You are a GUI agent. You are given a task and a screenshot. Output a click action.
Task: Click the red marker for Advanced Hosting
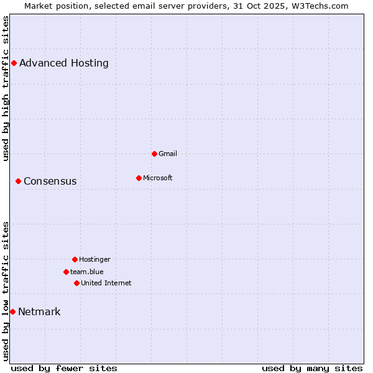click(14, 63)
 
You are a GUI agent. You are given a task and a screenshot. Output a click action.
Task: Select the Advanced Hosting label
click(64, 63)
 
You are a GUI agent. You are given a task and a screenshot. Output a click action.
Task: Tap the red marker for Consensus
click(18, 181)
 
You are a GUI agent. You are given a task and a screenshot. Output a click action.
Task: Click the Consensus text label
click(50, 182)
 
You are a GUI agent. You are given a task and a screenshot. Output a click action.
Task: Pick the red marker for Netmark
click(12, 311)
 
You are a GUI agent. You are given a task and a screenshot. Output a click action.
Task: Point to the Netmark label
click(39, 312)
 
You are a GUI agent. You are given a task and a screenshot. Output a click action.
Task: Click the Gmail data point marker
click(154, 154)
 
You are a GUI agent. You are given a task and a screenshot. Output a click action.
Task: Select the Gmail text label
click(168, 154)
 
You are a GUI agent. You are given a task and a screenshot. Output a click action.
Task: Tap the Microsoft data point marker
click(139, 178)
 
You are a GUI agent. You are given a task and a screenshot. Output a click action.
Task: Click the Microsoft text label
click(158, 178)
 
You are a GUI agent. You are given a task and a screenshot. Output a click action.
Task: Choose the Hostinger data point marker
click(75, 259)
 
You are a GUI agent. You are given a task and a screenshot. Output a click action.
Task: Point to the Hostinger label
click(94, 259)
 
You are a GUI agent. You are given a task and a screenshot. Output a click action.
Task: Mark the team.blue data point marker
click(66, 272)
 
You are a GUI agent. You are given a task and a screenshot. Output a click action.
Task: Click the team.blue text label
click(87, 272)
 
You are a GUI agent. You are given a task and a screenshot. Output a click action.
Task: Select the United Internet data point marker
click(76, 283)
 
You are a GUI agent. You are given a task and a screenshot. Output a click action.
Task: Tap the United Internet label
click(106, 283)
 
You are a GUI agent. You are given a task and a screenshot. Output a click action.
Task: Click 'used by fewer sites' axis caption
click(64, 368)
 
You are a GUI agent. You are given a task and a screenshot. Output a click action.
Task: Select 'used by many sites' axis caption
click(312, 368)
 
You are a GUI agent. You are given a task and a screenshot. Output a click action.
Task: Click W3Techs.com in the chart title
click(319, 6)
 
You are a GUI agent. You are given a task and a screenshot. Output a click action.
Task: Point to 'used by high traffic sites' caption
click(6, 88)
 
